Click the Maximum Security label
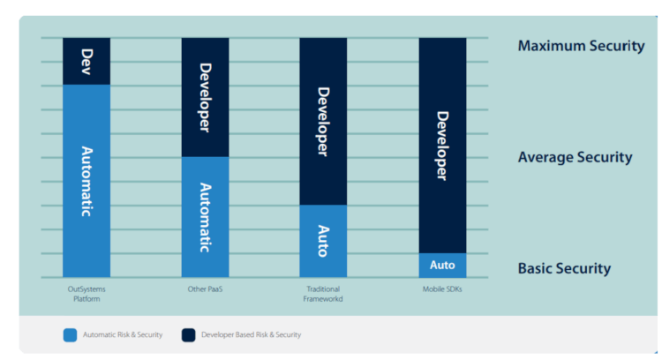(x=581, y=46)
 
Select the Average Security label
(x=575, y=158)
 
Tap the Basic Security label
(x=564, y=269)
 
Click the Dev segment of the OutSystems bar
(x=87, y=60)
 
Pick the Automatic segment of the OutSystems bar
(x=87, y=181)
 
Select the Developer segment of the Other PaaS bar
(x=205, y=97)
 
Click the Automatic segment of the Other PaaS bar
(x=205, y=217)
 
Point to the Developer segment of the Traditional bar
(x=323, y=121)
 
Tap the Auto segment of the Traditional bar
(x=323, y=241)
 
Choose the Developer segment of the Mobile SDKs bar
(x=442, y=145)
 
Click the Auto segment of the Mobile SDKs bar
(x=442, y=266)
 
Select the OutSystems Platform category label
(x=87, y=294)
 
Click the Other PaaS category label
(x=205, y=289)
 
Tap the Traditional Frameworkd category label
(x=323, y=294)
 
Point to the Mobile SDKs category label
(x=442, y=289)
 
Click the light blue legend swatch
(x=70, y=335)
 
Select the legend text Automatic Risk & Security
(x=123, y=335)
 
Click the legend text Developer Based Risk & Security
(x=251, y=335)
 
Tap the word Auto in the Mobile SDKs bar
(x=442, y=266)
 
